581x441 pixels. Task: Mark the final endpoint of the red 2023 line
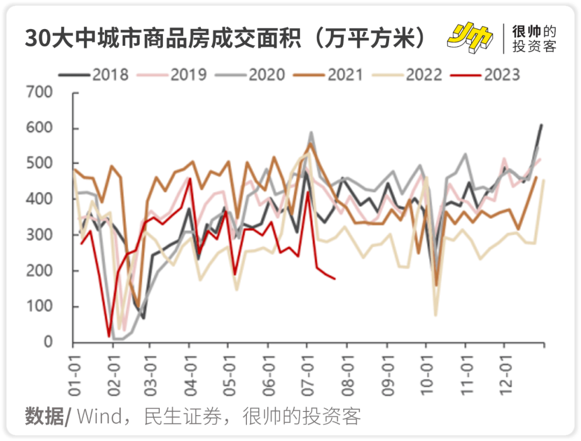[335, 278]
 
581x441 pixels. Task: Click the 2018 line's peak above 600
[541, 125]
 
